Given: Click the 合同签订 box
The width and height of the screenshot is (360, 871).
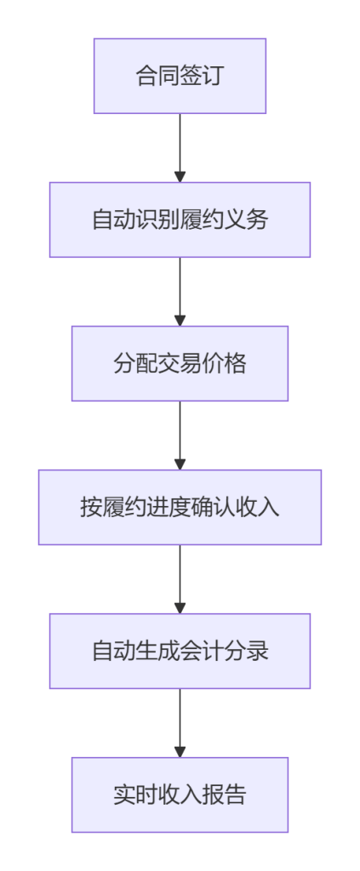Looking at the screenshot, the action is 180,76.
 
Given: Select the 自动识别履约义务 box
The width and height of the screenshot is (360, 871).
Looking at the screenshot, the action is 180,220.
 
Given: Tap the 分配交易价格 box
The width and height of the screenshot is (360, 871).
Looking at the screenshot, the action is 180,363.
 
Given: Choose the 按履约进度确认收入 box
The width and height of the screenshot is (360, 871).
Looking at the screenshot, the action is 180,507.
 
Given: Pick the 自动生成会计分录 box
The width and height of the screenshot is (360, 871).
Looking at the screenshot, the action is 180,651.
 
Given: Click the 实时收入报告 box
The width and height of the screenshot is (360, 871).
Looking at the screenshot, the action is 180,795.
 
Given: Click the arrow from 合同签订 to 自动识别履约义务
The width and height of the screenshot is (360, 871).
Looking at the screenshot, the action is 180,148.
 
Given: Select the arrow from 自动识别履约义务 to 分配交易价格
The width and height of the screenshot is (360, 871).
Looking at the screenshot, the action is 180,292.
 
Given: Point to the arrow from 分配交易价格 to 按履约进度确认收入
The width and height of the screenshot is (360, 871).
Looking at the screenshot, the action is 180,435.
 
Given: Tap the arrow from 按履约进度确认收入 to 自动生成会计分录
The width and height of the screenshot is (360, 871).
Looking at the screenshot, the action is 180,579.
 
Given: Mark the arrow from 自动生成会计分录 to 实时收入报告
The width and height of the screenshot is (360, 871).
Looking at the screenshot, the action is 180,723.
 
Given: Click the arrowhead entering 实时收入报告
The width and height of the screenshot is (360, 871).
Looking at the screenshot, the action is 180,752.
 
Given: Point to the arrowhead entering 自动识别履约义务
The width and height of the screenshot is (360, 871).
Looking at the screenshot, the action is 180,177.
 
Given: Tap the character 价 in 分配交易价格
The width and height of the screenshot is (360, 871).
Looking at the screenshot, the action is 214,364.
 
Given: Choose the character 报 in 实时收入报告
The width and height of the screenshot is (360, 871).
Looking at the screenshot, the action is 214,795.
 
